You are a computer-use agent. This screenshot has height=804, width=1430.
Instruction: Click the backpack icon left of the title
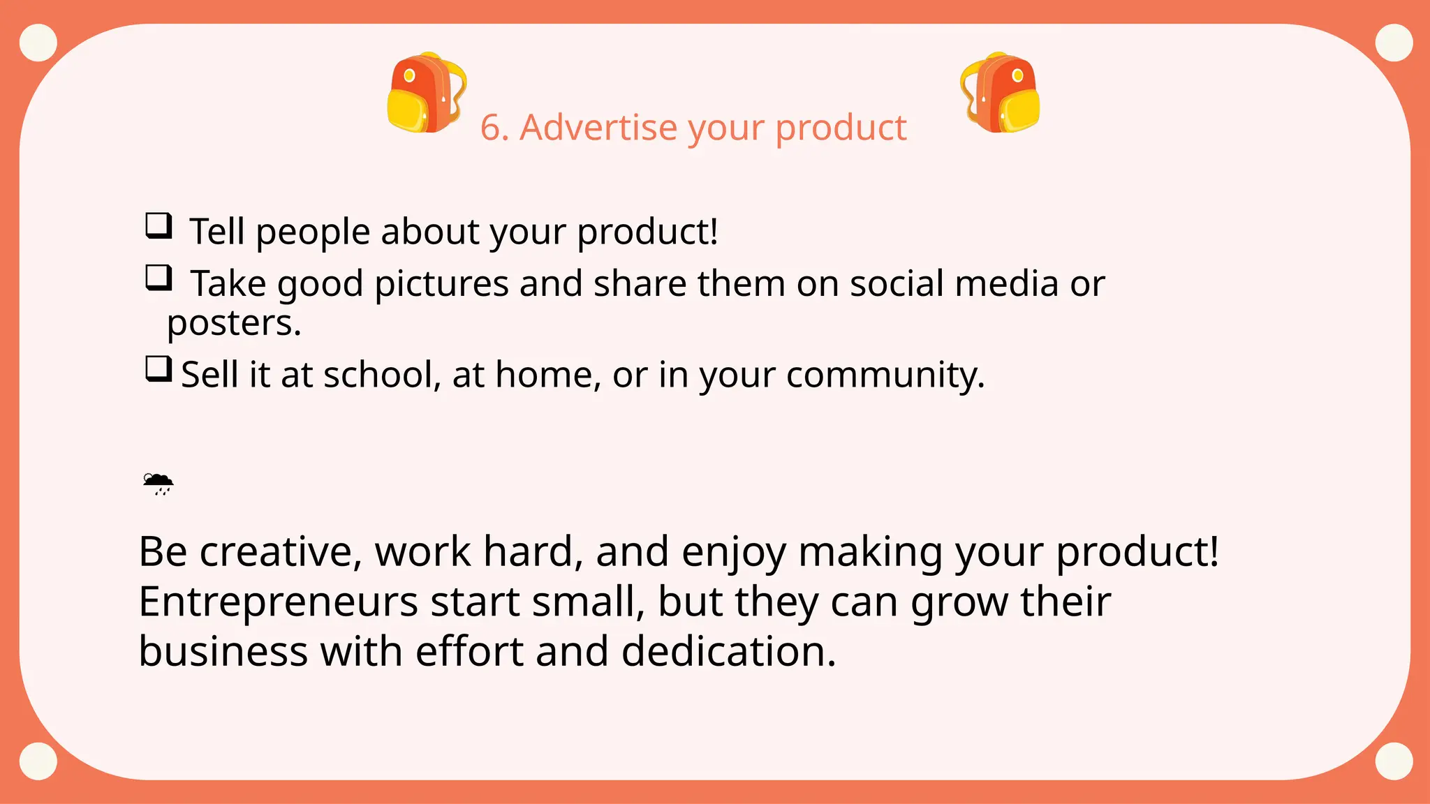point(426,93)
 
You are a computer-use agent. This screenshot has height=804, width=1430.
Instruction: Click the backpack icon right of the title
point(1000,93)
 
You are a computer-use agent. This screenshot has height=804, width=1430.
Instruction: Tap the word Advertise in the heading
point(598,128)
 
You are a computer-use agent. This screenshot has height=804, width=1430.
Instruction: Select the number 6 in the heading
point(491,128)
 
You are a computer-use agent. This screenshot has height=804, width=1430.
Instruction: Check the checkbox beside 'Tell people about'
point(159,226)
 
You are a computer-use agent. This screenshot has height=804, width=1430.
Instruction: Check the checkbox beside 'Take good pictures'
point(159,278)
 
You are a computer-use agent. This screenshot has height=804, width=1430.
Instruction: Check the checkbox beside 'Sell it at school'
point(159,368)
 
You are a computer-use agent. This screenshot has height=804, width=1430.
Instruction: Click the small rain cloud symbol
point(158,484)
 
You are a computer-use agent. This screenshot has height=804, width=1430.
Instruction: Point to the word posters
point(234,323)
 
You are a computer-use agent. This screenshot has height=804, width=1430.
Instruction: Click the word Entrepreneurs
point(278,602)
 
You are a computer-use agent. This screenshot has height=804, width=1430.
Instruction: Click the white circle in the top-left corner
point(38,43)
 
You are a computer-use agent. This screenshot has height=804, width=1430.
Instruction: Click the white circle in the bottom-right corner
point(1394,761)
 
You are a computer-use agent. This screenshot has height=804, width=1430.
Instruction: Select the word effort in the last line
point(469,652)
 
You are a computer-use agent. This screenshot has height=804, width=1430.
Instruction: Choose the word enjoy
point(733,552)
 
